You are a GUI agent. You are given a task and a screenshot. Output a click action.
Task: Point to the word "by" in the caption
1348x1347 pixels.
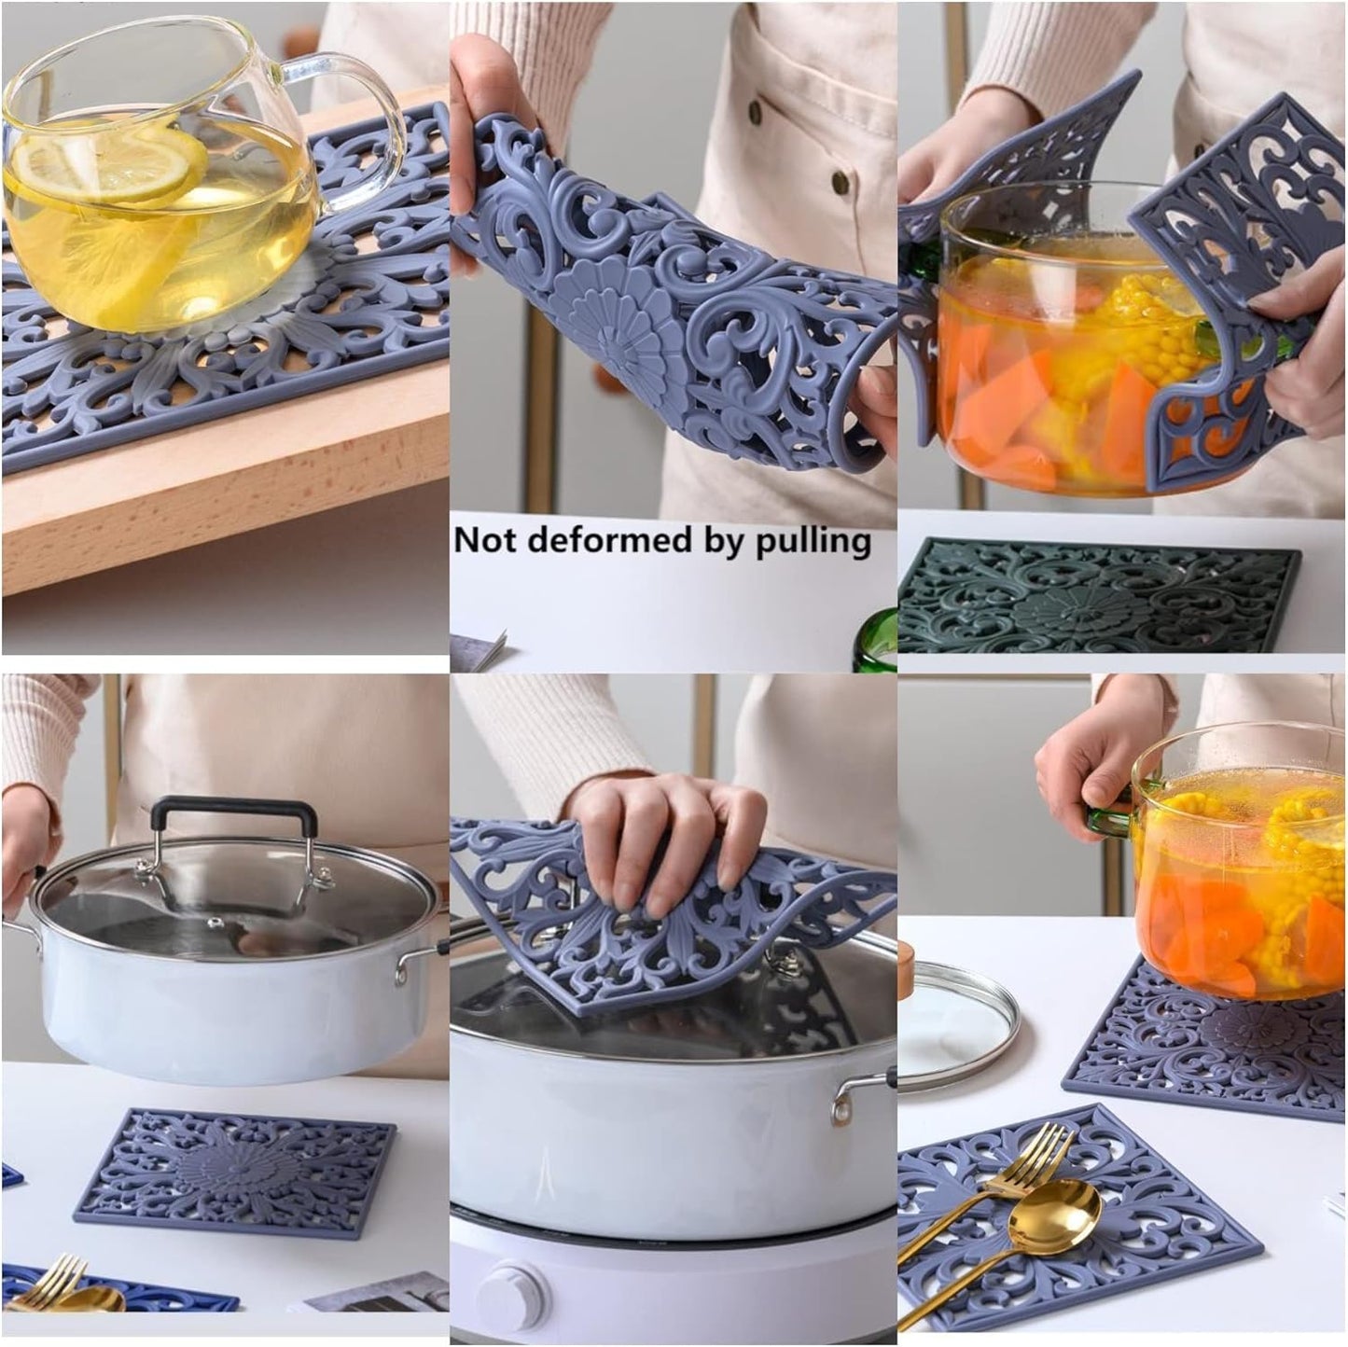click(727, 540)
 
